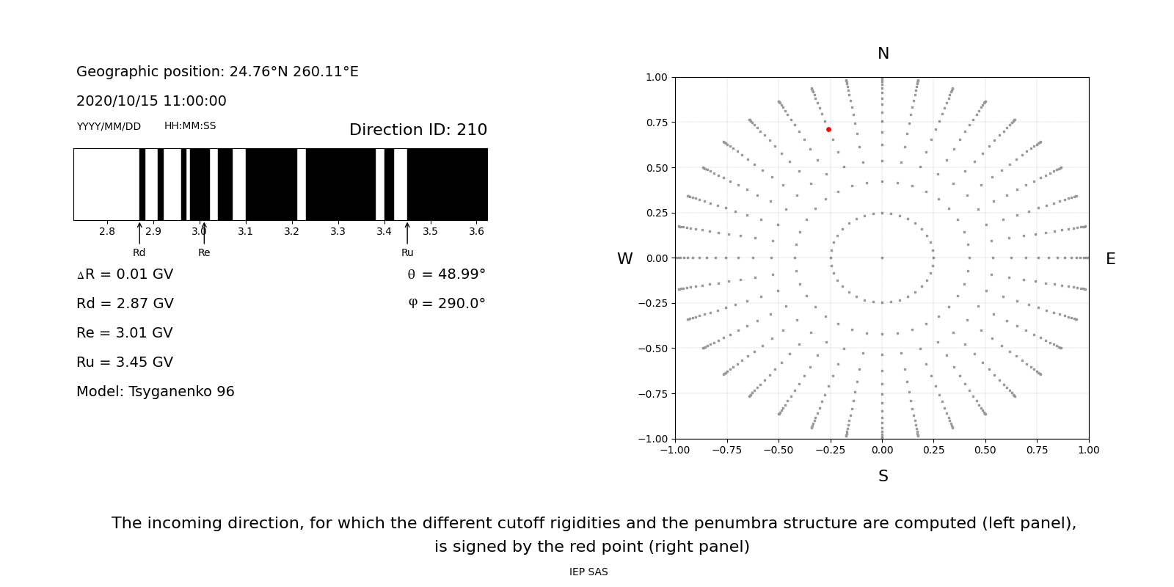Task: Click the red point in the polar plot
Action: [x=828, y=130]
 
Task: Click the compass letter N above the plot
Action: [x=883, y=54]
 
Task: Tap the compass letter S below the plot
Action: [x=883, y=476]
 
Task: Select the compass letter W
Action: [x=624, y=259]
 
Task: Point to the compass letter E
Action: [x=1110, y=259]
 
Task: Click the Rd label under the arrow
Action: [x=139, y=253]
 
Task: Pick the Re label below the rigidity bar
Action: [x=204, y=253]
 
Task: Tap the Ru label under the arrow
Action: [x=407, y=253]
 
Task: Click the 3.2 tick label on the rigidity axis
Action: [x=291, y=232]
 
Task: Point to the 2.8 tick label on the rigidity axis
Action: [x=106, y=232]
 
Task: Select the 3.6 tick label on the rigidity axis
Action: [x=476, y=232]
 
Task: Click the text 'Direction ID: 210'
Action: [x=418, y=130]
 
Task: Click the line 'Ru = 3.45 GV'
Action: [x=125, y=362]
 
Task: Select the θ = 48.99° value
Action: [x=446, y=274]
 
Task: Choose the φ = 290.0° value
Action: [x=446, y=304]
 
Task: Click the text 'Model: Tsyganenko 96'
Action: [x=156, y=392]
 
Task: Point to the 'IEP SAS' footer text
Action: [x=588, y=572]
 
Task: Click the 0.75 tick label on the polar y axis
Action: [x=657, y=123]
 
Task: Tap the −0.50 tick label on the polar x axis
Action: [x=778, y=450]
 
